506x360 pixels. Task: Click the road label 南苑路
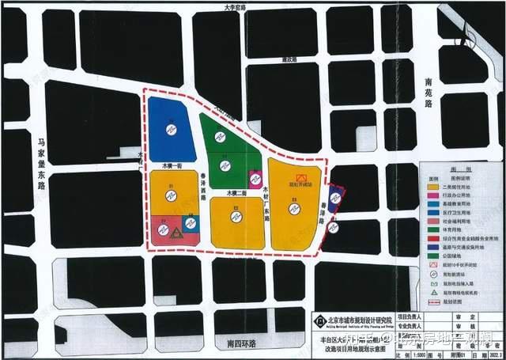pos(430,92)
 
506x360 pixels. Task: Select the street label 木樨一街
pos(172,167)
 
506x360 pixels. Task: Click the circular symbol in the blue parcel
pos(170,130)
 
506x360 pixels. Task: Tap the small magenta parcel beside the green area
pos(255,177)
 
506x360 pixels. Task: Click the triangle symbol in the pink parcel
pos(176,233)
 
